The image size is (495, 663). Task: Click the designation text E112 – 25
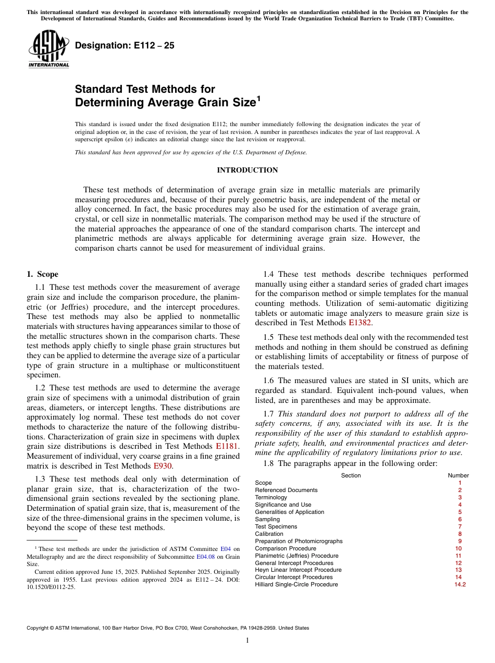(x=125, y=46)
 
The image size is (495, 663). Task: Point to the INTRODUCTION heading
(x=247, y=170)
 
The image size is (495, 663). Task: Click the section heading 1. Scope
(x=43, y=274)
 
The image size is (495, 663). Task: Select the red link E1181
(x=227, y=447)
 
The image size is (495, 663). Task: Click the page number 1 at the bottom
(x=247, y=641)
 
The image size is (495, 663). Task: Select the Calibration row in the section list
(x=269, y=534)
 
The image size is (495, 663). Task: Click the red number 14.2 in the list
(x=460, y=585)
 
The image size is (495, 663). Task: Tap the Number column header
(x=459, y=475)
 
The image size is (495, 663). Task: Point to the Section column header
(x=351, y=475)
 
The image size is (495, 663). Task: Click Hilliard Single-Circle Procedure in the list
(x=296, y=585)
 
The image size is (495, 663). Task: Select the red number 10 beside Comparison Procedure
(x=459, y=548)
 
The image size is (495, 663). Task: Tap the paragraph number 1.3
(x=40, y=480)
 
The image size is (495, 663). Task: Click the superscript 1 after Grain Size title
(x=257, y=99)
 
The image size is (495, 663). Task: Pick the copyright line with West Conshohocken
(x=168, y=628)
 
